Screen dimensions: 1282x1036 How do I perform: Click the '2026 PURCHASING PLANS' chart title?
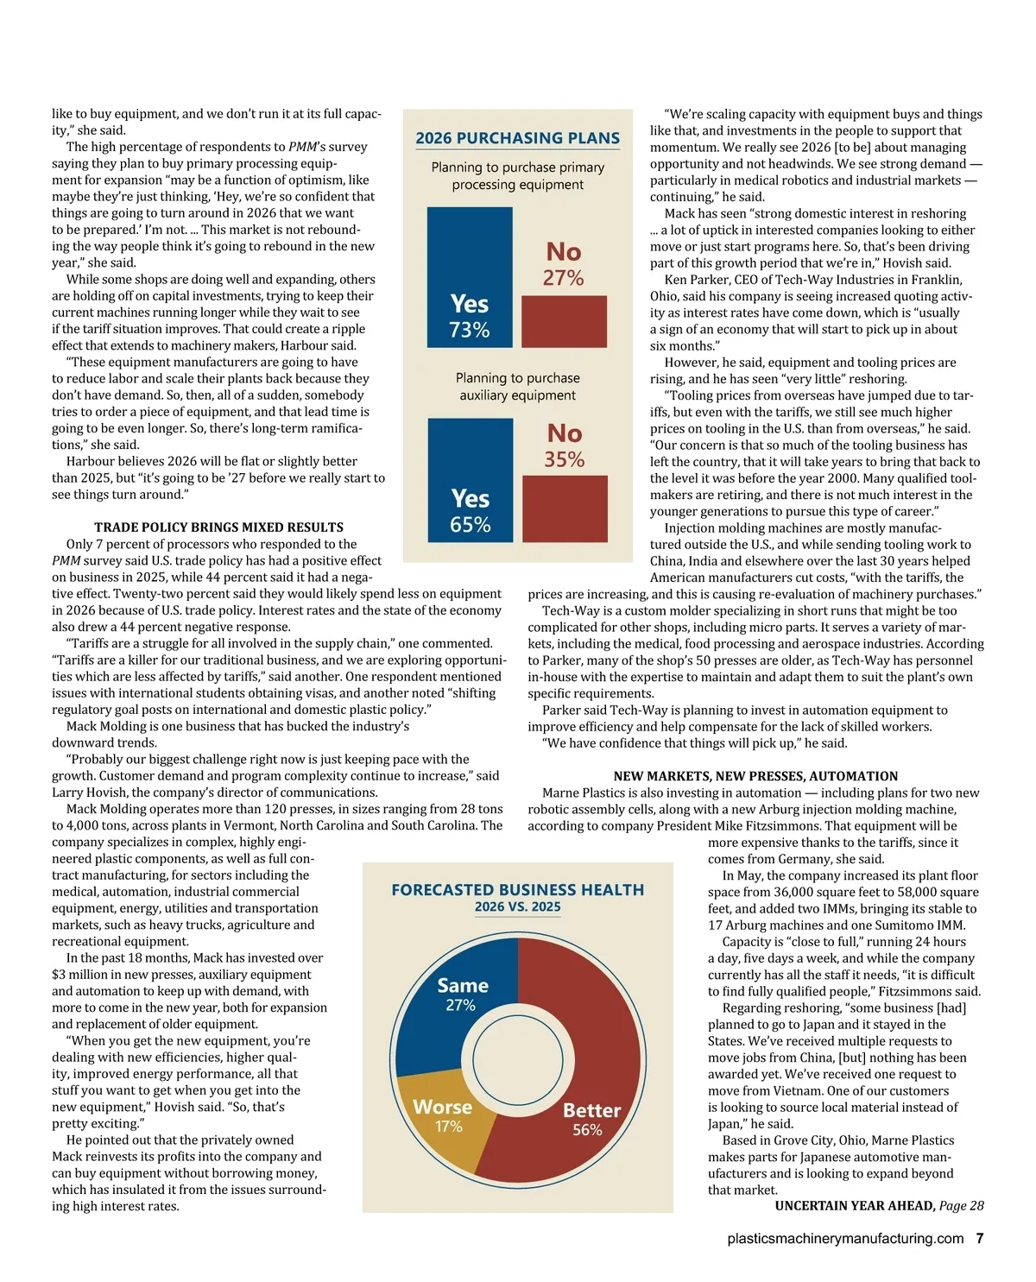517,138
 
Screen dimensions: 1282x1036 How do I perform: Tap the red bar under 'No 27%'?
564,321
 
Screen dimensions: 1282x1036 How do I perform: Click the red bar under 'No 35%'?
565,508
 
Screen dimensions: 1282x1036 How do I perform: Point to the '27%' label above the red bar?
563,278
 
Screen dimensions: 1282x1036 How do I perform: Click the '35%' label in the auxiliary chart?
564,459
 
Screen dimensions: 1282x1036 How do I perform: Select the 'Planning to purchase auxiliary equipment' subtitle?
517,387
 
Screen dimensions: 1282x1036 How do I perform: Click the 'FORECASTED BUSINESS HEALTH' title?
517,889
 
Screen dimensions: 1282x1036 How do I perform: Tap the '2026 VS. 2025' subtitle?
517,907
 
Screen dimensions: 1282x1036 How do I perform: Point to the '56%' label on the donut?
587,1130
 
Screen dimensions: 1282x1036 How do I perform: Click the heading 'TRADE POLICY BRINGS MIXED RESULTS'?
218,527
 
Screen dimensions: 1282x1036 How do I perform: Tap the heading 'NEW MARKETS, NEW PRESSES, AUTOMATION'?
755,776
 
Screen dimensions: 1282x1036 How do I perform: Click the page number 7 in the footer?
979,1238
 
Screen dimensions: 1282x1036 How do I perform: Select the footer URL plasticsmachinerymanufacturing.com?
845,1238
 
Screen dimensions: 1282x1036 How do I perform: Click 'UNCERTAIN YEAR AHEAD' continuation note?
855,1206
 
